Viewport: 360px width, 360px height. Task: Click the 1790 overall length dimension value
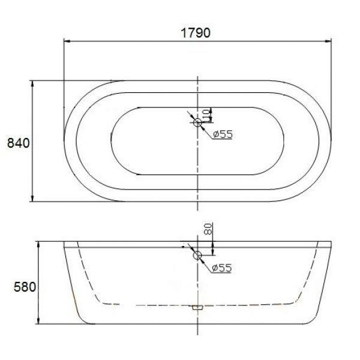pyautogui.click(x=196, y=33)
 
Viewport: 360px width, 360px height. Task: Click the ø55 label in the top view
pyautogui.click(x=221, y=134)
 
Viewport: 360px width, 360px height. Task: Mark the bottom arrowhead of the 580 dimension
pyautogui.click(x=38, y=322)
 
